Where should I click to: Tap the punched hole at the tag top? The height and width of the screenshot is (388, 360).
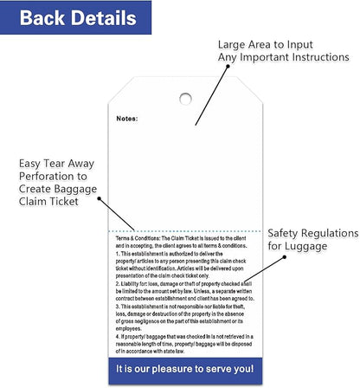click(185, 98)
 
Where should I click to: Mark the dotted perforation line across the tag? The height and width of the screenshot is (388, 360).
click(185, 231)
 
